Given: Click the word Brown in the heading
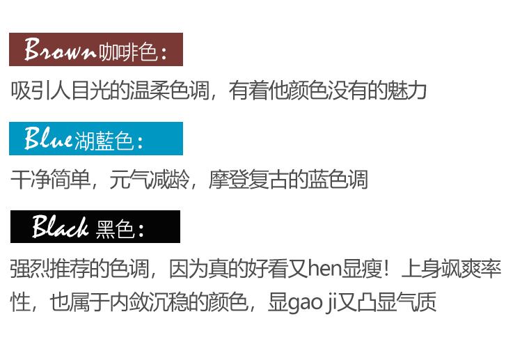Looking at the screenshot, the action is [60, 49].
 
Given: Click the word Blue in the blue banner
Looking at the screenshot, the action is [48, 139].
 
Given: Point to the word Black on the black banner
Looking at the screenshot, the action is [60, 227].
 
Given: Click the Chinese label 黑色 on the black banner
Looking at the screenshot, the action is [114, 228].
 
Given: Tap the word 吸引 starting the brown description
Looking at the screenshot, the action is [31, 91].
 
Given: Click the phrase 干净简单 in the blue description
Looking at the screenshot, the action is [51, 180].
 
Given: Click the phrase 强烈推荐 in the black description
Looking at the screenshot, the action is [50, 269].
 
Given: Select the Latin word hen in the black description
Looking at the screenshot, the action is [322, 269].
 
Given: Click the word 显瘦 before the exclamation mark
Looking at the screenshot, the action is [358, 269].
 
